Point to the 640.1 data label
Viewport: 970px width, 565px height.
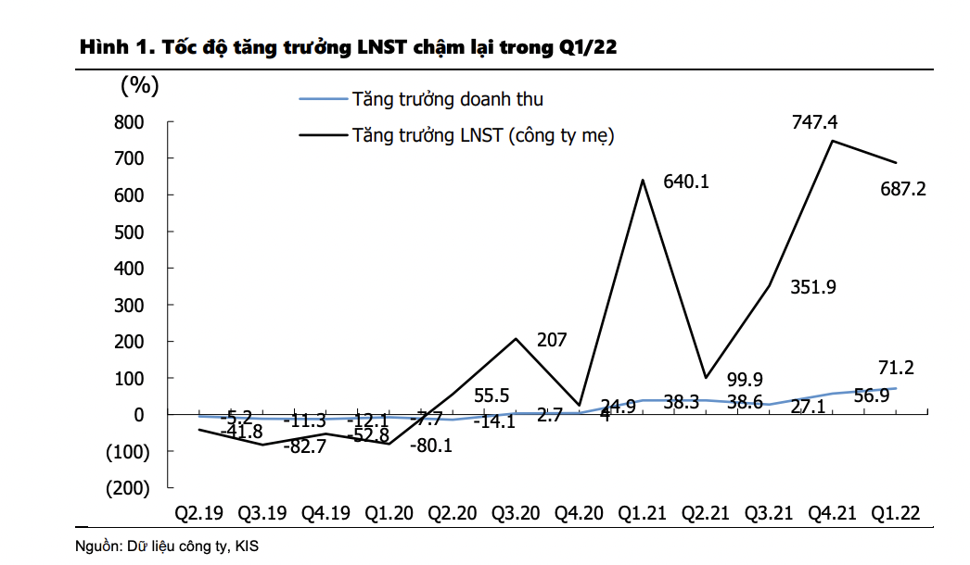point(686,182)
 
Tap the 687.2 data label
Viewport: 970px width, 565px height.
point(903,190)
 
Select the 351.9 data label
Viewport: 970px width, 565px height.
point(813,287)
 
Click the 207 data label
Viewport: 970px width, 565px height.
point(552,340)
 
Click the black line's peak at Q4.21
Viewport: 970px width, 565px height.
point(832,141)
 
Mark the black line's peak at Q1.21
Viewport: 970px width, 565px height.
point(643,180)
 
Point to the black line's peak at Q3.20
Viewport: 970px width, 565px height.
point(517,338)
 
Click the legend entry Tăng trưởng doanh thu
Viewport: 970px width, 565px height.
point(447,99)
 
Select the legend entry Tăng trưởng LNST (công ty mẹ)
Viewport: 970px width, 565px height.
point(483,136)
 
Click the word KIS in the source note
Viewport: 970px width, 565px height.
point(247,546)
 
